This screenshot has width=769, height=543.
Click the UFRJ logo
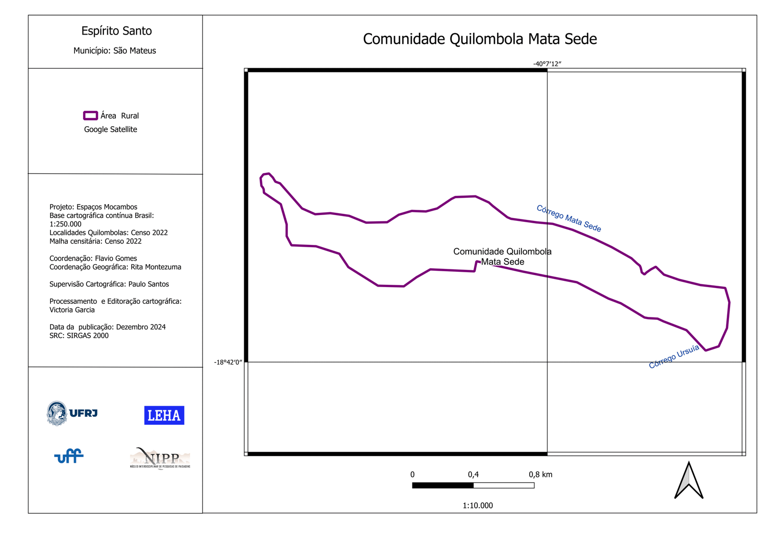72,413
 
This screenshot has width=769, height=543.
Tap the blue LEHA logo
164,415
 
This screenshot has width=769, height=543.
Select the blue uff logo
69,456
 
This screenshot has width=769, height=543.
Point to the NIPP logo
160,459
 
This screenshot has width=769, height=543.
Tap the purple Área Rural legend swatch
90,115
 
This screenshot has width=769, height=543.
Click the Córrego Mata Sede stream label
569,218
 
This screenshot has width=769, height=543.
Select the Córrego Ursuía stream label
674,357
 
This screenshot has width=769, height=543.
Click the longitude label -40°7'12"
547,64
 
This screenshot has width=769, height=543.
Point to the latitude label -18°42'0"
228,362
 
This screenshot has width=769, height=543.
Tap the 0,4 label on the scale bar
473,474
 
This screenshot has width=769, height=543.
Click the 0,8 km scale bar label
540,474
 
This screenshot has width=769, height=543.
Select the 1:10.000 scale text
478,505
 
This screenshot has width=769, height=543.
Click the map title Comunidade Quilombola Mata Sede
480,39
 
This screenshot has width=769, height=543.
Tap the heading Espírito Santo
116,31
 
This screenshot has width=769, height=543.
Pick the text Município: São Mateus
114,50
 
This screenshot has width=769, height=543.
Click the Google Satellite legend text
111,129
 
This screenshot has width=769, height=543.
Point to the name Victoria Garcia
72,310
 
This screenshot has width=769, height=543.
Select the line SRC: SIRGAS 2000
79,336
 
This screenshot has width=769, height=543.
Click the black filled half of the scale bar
443,485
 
